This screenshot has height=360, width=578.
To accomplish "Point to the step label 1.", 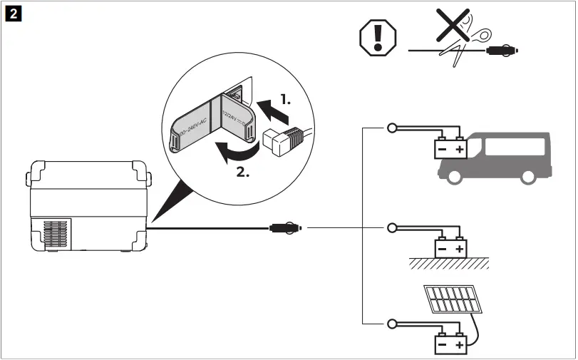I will click(284, 101).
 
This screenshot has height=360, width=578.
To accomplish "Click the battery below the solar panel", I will click(450, 345).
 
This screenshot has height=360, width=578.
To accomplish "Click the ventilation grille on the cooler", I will click(58, 233).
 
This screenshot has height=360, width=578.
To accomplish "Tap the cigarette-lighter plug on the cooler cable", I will click(286, 228).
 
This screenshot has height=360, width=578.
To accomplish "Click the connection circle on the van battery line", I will click(391, 128).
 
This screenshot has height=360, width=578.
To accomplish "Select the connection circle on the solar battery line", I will click(391, 324).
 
